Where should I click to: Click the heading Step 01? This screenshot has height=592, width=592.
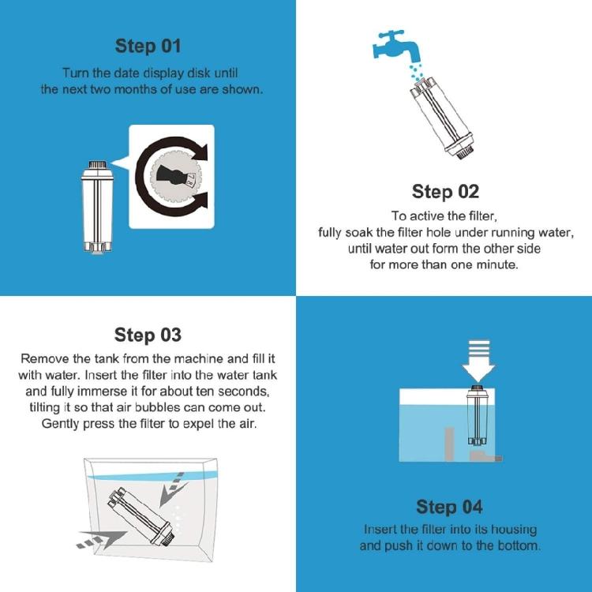(148, 46)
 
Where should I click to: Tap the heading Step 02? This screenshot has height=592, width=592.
(445, 192)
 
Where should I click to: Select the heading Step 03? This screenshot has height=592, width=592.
(148, 335)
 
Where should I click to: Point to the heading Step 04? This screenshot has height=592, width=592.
(449, 507)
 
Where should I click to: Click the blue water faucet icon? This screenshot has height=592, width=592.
(396, 45)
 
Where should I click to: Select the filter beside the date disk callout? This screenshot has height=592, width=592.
(97, 207)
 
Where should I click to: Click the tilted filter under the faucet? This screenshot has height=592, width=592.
(442, 118)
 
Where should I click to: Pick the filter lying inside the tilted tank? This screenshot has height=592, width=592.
(141, 515)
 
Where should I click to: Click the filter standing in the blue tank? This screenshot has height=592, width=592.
(477, 415)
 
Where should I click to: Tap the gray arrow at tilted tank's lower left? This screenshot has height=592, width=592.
(101, 539)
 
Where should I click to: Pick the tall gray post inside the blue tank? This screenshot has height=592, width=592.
(449, 444)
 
